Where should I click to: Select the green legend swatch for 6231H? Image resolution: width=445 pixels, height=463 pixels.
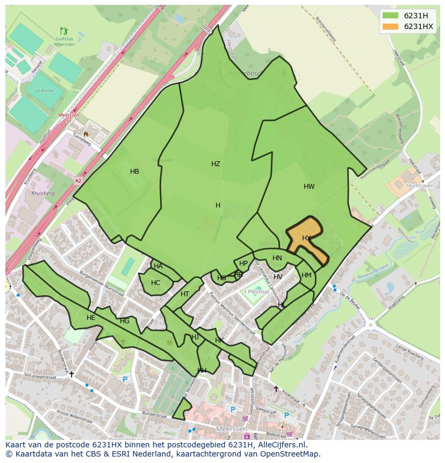click(x=391, y=16)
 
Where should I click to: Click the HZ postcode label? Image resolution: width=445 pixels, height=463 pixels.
click(x=216, y=164)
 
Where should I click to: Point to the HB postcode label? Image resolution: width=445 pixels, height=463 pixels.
click(x=134, y=172)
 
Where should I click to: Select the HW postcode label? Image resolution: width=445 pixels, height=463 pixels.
click(x=309, y=187)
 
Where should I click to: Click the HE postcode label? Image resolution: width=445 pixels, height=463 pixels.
click(x=91, y=318)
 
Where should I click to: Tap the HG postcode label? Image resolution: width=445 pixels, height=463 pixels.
click(x=125, y=321)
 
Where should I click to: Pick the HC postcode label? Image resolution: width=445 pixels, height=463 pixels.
click(x=155, y=283)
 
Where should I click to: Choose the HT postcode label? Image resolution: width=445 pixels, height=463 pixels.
click(x=185, y=294)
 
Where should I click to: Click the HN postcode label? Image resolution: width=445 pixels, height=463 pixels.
click(x=277, y=258)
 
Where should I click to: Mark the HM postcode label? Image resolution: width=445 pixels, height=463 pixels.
click(x=306, y=275)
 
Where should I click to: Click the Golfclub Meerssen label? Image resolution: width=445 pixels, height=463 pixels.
click(x=64, y=41)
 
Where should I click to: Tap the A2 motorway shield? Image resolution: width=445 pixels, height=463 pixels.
click(x=78, y=181)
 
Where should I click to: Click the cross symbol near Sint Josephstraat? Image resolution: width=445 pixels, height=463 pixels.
click(x=71, y=374)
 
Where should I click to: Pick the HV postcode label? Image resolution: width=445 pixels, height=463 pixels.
click(x=278, y=277)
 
